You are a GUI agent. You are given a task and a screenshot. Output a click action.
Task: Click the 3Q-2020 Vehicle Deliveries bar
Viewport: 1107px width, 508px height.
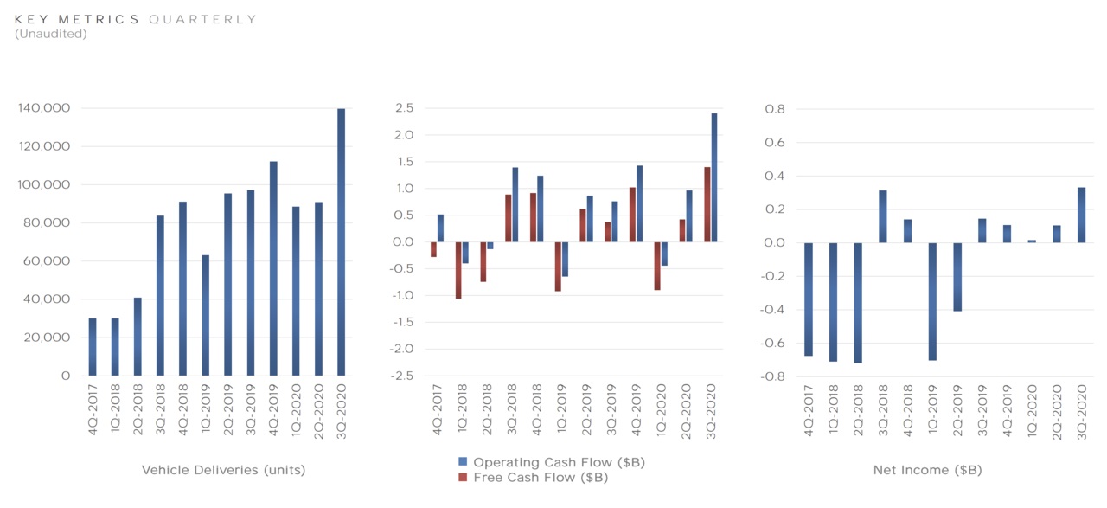341,242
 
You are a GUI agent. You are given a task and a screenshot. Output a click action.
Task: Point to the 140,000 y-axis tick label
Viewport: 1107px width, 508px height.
44,108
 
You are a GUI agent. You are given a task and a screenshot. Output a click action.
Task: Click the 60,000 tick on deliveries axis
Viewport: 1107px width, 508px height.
48,260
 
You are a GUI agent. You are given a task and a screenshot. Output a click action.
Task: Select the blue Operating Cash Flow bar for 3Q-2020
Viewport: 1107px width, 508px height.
714,177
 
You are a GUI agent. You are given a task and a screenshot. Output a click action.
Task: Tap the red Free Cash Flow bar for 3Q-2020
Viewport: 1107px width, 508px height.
707,204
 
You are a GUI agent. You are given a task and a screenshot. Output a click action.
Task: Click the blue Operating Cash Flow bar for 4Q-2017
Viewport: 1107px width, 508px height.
440,228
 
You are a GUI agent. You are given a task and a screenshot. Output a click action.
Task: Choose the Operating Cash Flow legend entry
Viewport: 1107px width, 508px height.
558,462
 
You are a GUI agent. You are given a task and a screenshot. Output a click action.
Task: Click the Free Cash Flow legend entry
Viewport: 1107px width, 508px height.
541,477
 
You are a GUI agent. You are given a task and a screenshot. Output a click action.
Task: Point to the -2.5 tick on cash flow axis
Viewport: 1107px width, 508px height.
403,376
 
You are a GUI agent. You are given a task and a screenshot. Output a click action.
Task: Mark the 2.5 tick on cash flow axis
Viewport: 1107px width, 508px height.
405,108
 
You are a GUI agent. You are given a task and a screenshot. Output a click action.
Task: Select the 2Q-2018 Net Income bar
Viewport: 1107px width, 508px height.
858,302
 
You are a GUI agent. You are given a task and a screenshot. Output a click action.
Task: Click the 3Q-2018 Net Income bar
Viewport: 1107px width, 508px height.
883,216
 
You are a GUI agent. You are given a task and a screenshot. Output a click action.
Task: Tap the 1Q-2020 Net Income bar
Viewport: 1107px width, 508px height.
1032,241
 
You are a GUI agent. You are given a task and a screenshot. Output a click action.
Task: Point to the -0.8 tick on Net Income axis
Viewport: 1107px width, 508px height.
774,376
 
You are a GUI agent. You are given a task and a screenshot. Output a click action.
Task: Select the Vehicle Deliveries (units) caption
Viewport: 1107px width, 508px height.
223,470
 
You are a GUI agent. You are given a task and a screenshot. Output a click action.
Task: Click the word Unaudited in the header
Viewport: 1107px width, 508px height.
51,34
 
